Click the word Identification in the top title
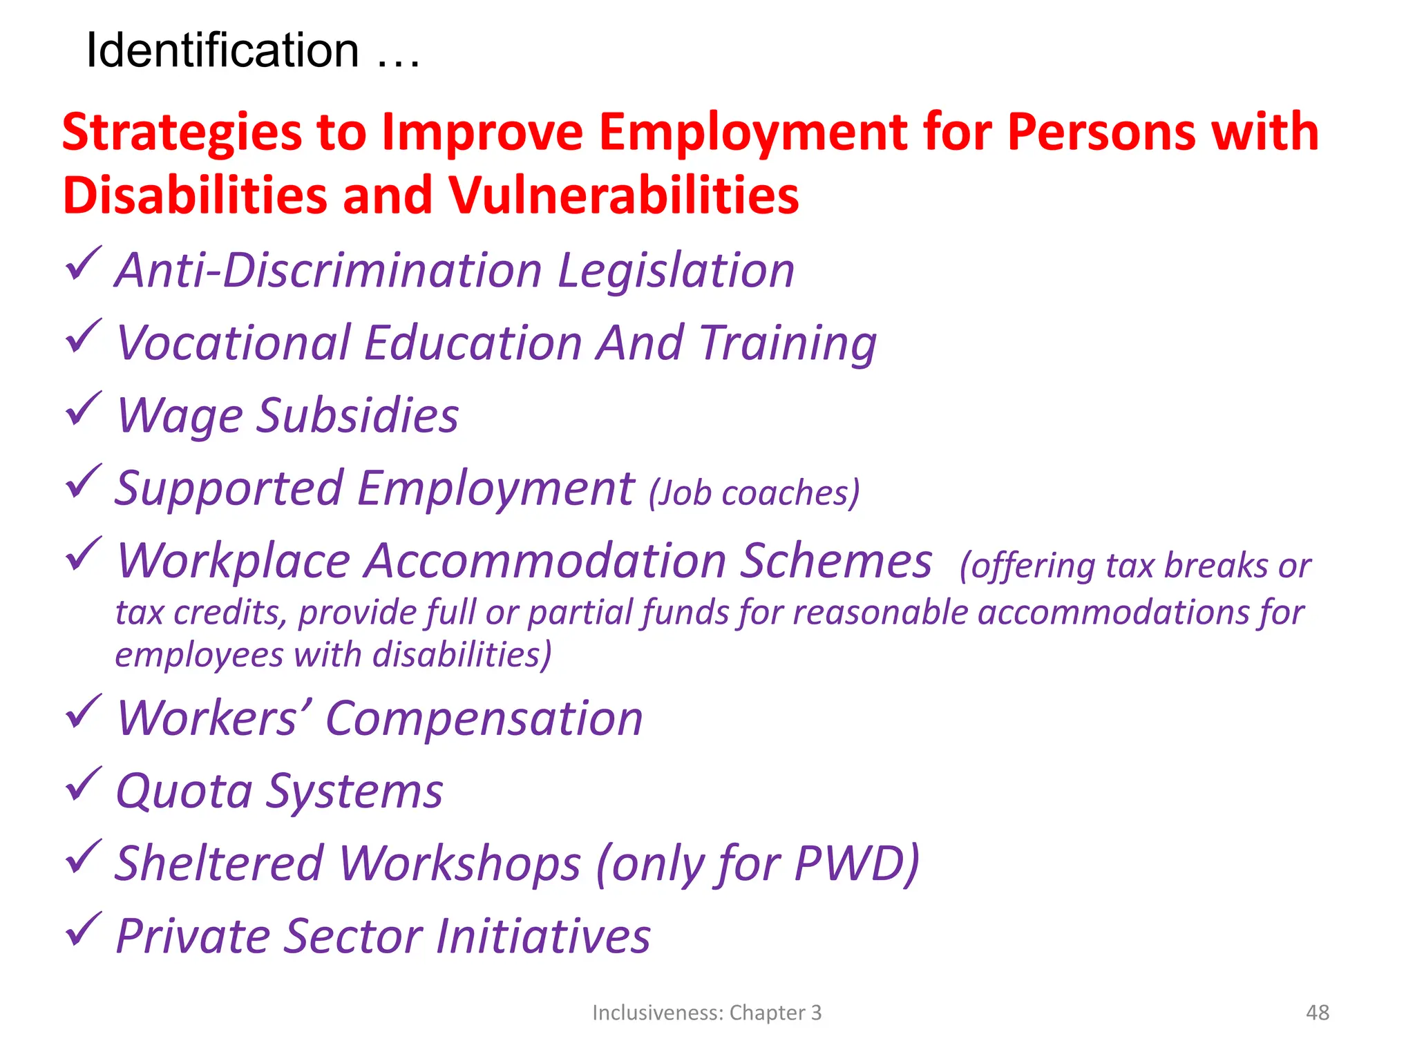coord(222,50)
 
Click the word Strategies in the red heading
coord(182,132)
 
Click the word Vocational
coord(232,343)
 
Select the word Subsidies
coord(357,416)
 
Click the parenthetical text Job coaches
coord(754,493)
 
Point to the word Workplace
coord(234,562)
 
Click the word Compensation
coord(484,719)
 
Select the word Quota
coord(184,792)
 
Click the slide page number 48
coord(1317,1013)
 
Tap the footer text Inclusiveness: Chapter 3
coord(707,1013)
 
